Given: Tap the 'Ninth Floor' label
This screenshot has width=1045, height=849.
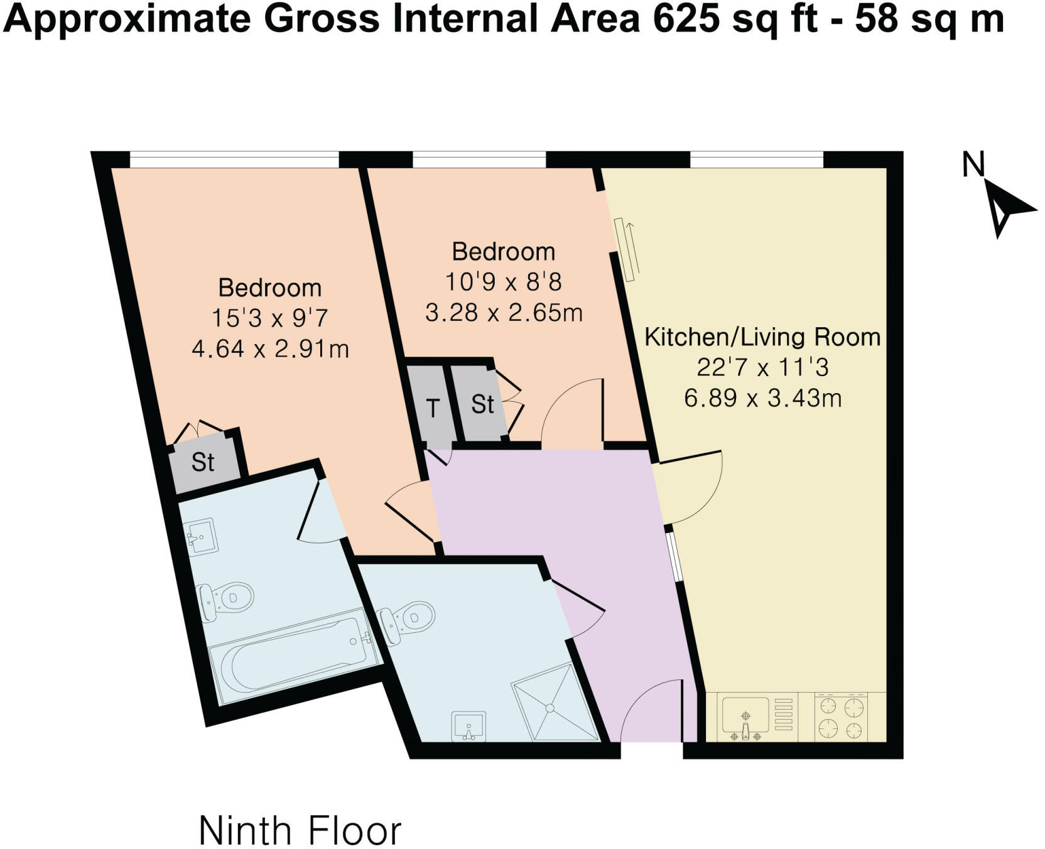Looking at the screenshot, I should [x=300, y=831].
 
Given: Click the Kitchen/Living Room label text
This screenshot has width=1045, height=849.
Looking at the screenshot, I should [x=762, y=337].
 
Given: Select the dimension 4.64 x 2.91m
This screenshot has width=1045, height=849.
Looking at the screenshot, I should [x=270, y=349].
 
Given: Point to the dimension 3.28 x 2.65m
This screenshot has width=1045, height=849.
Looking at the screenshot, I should [x=504, y=312].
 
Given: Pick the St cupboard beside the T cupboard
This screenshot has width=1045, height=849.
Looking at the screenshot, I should [x=482, y=404].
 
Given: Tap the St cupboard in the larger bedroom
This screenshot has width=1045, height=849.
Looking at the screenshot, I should [x=203, y=462].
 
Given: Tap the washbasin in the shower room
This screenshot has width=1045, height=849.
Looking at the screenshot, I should [x=468, y=726].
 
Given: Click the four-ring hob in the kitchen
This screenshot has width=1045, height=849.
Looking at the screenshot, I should [x=842, y=718].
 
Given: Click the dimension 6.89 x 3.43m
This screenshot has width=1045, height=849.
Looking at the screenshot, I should [x=762, y=398].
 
